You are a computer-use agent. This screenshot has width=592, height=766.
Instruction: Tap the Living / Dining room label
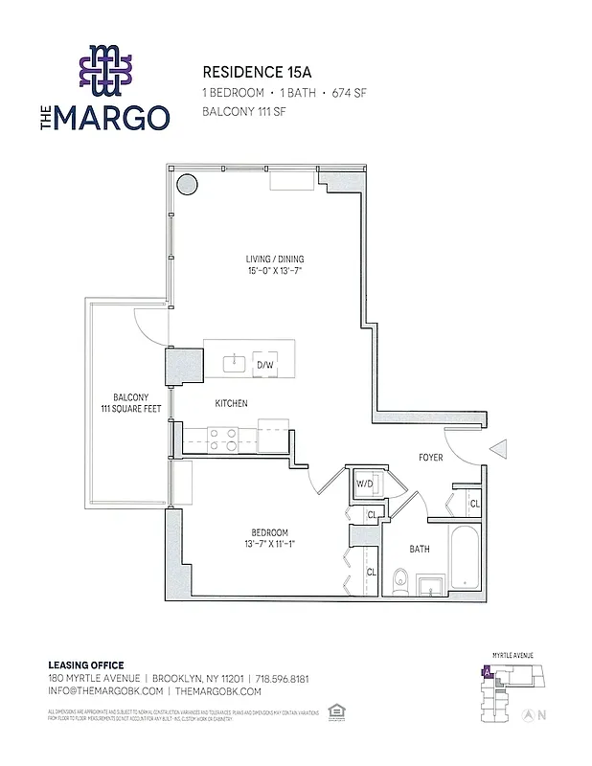pos(266,264)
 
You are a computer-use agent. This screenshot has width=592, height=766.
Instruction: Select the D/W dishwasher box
pos(264,365)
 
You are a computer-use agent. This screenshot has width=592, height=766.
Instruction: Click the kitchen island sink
pos(233,363)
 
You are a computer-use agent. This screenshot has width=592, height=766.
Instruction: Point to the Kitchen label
pos(231,404)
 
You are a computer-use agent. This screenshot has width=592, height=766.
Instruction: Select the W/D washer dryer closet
pos(364,484)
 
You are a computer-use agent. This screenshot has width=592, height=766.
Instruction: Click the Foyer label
pos(431,458)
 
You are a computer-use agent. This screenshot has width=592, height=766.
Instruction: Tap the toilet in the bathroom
pos(401,578)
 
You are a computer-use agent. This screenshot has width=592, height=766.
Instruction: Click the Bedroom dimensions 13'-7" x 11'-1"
pos(269,545)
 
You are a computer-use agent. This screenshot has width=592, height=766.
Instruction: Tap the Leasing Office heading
pos(86,665)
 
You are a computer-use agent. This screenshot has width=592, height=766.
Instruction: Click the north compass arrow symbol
pos(526,714)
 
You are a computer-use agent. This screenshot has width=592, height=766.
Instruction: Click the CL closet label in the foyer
pos(474,503)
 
